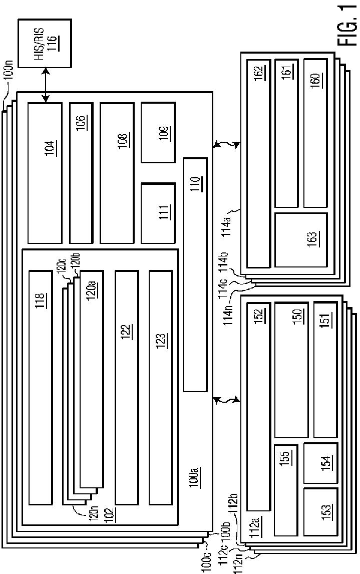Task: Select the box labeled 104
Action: [45, 173]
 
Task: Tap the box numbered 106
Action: [81, 173]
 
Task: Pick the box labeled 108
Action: [117, 173]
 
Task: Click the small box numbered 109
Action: [158, 133]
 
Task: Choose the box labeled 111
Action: [158, 213]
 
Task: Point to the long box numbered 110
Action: [195, 274]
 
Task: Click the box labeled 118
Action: [40, 387]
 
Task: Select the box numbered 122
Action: [127, 387]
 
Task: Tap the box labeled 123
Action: [160, 387]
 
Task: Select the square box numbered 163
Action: [300, 239]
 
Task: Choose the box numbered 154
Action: [320, 463]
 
